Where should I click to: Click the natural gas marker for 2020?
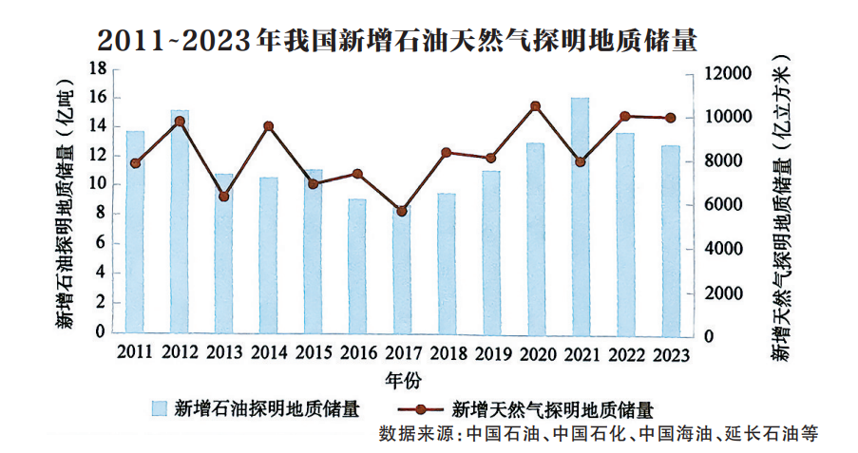point(535,106)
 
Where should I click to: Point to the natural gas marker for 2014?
point(269,126)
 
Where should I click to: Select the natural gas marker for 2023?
point(670,118)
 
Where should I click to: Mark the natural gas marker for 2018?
point(446,152)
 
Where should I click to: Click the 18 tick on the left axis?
point(96,68)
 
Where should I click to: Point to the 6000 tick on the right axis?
point(732,205)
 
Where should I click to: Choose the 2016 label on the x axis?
point(358,352)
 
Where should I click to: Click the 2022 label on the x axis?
point(626,352)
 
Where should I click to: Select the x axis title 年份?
point(402,380)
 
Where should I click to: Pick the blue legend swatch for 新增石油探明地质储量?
point(160,408)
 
